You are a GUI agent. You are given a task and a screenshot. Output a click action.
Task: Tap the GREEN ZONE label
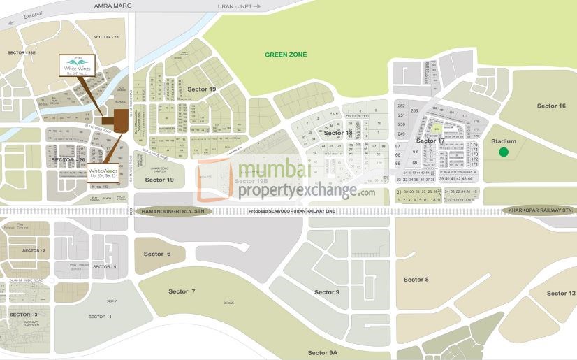tap(286, 55)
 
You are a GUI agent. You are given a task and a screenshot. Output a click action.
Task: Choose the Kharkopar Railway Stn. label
tap(541, 210)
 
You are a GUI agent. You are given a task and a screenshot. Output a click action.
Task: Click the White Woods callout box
tap(102, 173)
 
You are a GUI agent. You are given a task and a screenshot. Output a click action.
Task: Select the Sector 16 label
tap(551, 106)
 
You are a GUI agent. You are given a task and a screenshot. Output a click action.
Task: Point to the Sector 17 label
tap(430, 141)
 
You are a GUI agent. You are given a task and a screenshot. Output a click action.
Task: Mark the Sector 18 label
tap(338, 133)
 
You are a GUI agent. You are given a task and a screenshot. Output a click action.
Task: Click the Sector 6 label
tap(157, 254)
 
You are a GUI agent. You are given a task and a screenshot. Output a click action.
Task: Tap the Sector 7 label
tap(182, 291)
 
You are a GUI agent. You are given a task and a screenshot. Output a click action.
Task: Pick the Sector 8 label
tap(416, 280)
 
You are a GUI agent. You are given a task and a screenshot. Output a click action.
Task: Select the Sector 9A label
tap(323, 353)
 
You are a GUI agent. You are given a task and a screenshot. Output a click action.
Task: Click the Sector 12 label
tap(561, 294)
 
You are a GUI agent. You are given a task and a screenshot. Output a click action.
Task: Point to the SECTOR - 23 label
tap(106, 36)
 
